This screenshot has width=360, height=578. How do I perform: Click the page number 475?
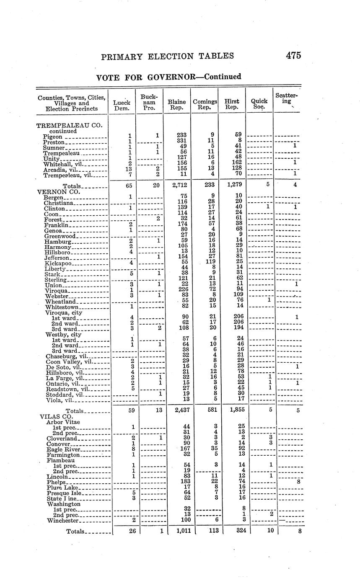(x=293, y=56)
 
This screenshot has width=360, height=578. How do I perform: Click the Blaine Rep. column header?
(x=176, y=105)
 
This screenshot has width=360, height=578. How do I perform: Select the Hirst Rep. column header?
(x=232, y=105)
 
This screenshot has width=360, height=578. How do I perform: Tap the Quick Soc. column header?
(x=259, y=104)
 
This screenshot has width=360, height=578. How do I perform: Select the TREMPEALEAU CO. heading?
(x=70, y=125)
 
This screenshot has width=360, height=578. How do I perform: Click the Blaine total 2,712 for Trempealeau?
(x=176, y=186)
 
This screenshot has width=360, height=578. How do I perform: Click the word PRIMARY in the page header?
(x=122, y=56)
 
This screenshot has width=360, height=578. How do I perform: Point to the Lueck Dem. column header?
(x=122, y=105)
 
